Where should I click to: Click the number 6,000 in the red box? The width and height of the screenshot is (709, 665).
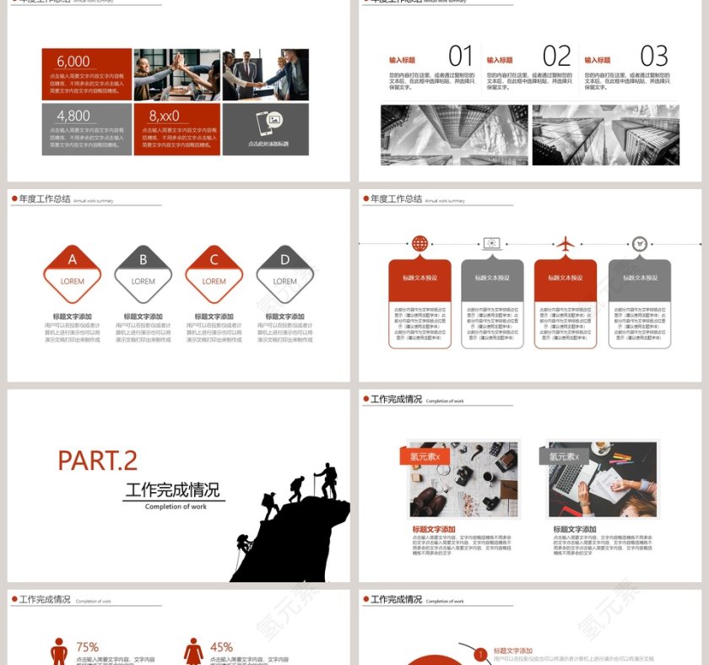[x=73, y=62]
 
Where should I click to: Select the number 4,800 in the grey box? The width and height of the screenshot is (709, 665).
[x=73, y=116]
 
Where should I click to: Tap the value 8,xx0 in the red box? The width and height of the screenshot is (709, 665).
[x=164, y=116]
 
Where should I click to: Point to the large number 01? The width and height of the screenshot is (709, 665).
[x=461, y=57]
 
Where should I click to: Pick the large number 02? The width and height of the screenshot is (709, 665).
[x=557, y=57]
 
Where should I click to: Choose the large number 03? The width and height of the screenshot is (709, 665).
[x=654, y=57]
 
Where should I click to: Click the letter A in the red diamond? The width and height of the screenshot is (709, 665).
[x=73, y=260]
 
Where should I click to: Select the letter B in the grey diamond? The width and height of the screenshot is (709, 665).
[x=143, y=260]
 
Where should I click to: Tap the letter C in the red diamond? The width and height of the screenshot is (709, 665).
[x=214, y=260]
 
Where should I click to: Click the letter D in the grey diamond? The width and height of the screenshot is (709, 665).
[x=285, y=260]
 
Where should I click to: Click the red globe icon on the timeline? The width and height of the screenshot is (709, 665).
[x=419, y=244]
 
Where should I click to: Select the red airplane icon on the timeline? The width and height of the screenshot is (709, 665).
[x=566, y=244]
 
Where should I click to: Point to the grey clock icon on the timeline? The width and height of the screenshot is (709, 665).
[x=640, y=244]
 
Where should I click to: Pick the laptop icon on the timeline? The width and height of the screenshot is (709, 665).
[x=492, y=244]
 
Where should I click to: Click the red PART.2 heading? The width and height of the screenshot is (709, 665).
[x=97, y=461]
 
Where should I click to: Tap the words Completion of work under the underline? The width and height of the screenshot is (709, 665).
[x=176, y=506]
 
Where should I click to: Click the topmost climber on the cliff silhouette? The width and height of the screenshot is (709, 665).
[x=326, y=479]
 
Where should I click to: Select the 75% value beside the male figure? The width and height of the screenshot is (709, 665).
[x=88, y=647]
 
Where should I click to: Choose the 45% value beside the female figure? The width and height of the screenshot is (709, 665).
[x=221, y=647]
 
